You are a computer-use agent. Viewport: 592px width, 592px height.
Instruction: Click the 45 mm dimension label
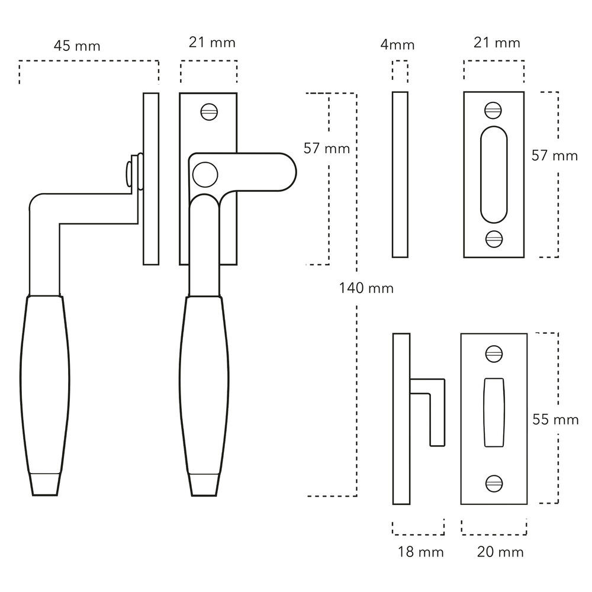tap(77, 46)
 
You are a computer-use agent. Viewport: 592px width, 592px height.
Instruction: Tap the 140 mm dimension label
tap(366, 288)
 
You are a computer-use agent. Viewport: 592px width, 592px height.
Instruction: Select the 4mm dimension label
tap(397, 44)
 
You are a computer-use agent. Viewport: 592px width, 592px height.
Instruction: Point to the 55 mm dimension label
tap(555, 420)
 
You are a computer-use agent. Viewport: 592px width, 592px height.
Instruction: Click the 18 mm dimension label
tap(420, 552)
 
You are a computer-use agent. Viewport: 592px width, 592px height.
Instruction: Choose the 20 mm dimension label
tap(500, 552)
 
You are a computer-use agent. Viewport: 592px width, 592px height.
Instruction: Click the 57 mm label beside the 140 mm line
tap(327, 149)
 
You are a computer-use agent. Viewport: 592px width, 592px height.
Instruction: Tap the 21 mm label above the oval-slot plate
tap(497, 43)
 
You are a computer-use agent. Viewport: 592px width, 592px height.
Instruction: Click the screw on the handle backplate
tap(209, 112)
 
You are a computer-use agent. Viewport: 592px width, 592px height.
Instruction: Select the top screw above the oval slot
tap(493, 111)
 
